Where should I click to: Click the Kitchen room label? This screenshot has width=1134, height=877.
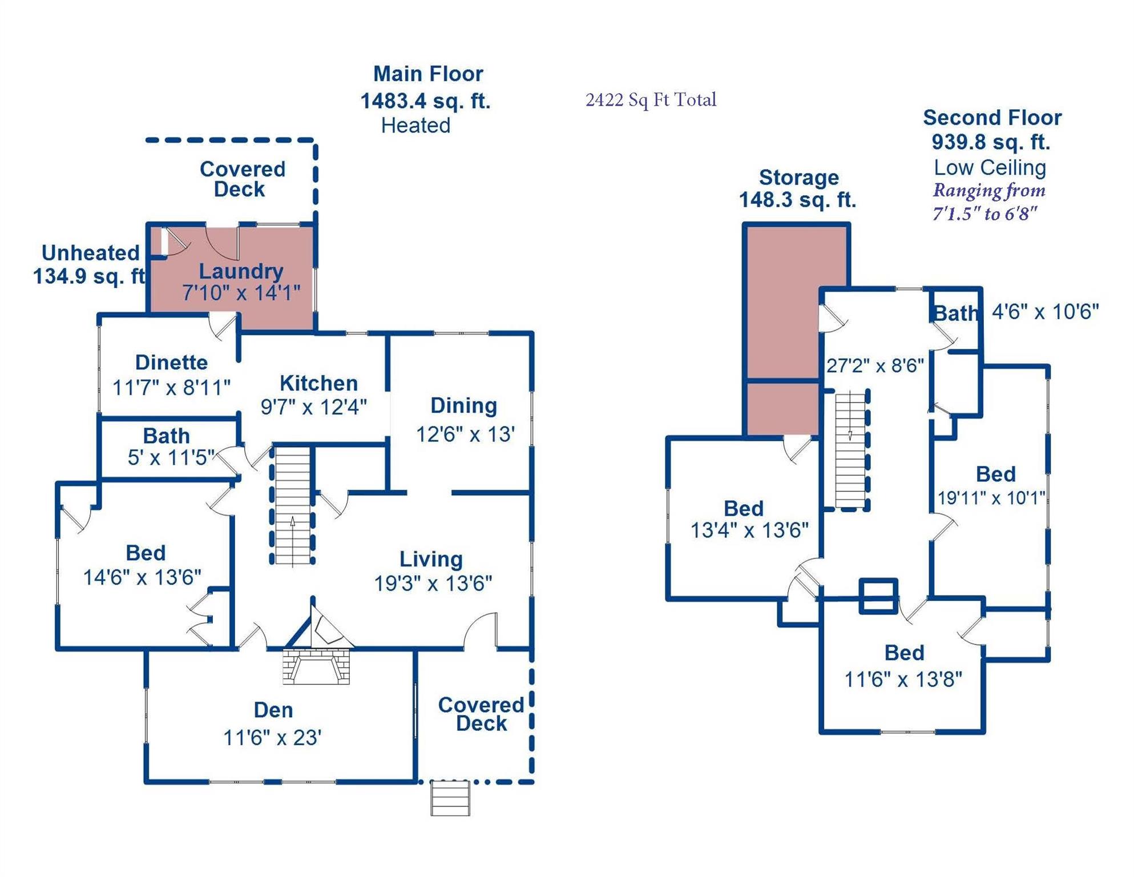[x=318, y=383]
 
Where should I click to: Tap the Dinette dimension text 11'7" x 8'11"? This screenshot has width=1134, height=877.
[x=171, y=388]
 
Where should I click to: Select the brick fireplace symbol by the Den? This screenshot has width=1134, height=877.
[x=316, y=666]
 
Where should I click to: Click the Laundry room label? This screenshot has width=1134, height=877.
[x=241, y=271]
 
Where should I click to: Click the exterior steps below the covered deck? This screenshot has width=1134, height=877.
[x=450, y=799]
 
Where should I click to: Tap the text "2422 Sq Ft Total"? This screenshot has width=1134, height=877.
[x=651, y=100]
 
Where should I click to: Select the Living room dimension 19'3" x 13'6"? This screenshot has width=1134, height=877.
[x=433, y=584]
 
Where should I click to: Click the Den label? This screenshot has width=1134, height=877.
[x=273, y=710]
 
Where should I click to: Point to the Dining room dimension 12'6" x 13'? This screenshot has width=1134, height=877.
[x=465, y=434]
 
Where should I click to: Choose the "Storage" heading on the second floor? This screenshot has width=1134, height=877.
[x=798, y=178]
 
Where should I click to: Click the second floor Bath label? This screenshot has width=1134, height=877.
[x=955, y=313]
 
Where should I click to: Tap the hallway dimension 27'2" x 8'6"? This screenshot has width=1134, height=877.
[x=875, y=365]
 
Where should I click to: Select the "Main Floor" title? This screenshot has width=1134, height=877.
[x=428, y=74]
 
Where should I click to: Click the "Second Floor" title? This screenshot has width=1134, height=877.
[x=992, y=118]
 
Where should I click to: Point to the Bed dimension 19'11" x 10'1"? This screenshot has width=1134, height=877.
[x=991, y=497]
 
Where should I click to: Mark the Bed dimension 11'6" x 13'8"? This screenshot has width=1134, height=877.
[x=903, y=679]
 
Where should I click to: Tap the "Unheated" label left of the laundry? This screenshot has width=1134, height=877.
[x=91, y=252]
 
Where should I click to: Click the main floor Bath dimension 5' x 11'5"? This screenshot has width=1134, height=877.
[x=171, y=457]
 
